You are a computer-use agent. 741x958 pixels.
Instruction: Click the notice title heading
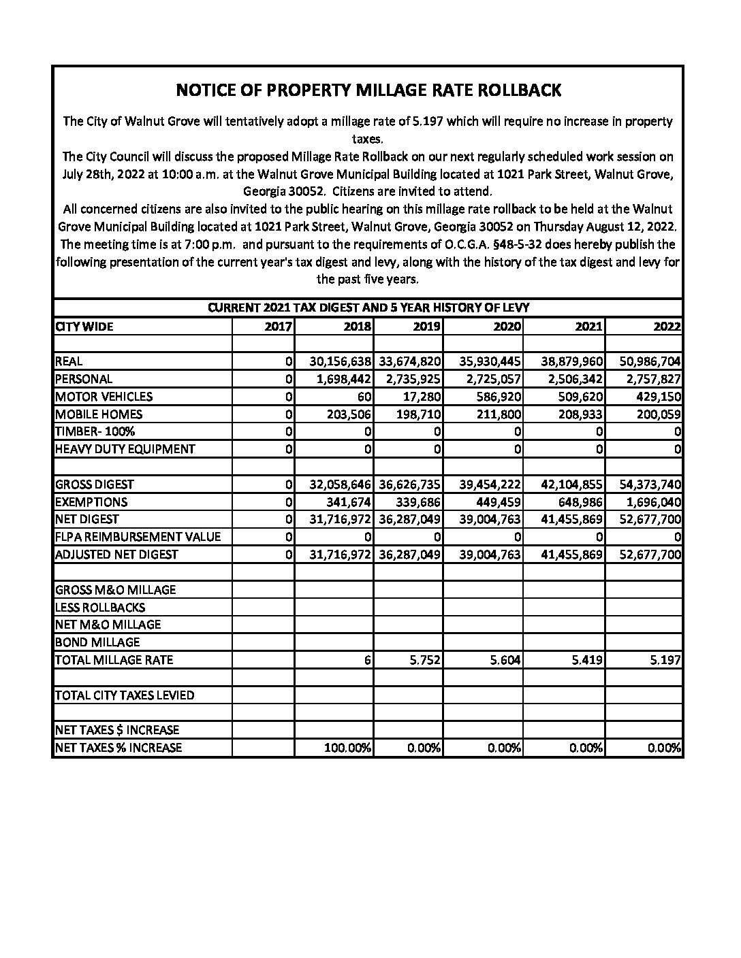[x=368, y=90]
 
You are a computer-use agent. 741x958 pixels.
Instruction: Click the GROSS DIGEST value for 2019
[x=409, y=484]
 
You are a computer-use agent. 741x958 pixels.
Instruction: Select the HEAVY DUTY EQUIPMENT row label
[x=125, y=449]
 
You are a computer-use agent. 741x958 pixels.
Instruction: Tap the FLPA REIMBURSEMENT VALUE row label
[x=138, y=537]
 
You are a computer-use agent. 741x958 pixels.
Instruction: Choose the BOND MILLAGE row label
[x=97, y=642]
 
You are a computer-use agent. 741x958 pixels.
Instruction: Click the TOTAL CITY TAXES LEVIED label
[x=124, y=695]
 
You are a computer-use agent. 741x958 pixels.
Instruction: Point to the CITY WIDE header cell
[x=84, y=327]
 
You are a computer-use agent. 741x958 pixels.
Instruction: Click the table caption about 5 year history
[x=368, y=308]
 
